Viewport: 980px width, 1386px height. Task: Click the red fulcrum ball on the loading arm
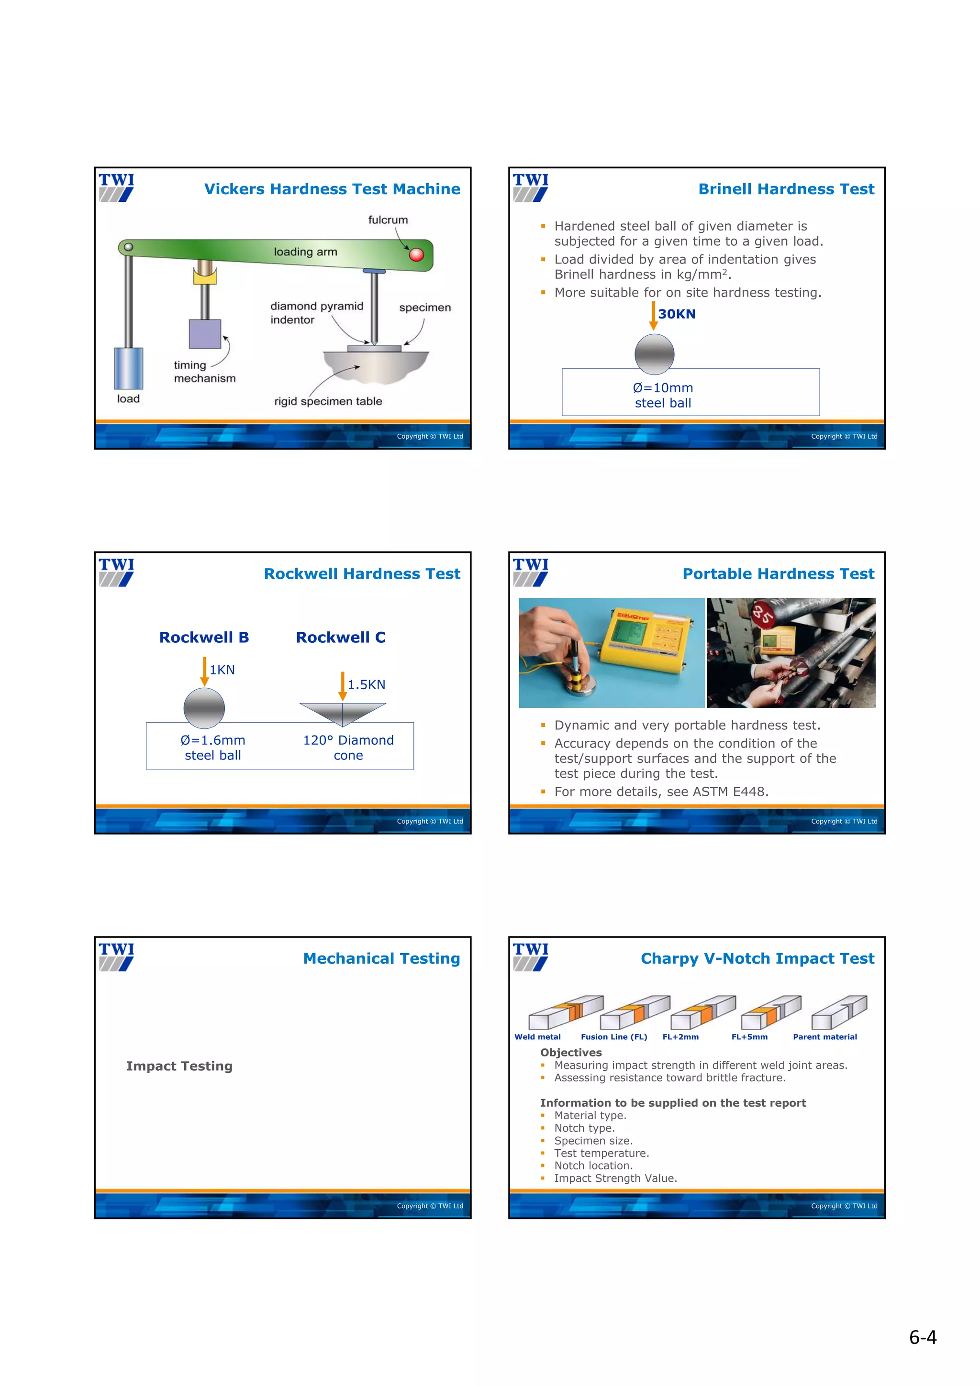pos(416,254)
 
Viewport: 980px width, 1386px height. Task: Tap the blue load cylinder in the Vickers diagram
pos(129,368)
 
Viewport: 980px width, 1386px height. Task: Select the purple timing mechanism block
pos(205,334)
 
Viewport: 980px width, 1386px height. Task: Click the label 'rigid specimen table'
pos(328,401)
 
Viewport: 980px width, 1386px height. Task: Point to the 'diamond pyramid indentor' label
pos(316,313)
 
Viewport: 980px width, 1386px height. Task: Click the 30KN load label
pos(676,314)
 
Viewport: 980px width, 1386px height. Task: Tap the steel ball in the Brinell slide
pos(654,354)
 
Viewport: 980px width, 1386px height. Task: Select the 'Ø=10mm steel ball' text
pos(662,396)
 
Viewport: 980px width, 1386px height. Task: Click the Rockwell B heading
pos(204,638)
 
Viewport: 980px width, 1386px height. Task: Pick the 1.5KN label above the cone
pos(366,684)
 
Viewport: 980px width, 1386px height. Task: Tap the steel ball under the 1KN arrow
pos(204,708)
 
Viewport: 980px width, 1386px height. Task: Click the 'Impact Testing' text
pos(179,1066)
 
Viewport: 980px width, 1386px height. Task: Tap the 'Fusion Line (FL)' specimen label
pos(613,1036)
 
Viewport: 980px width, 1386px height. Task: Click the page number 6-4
pos(922,1337)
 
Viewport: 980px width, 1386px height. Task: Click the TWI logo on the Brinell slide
pos(530,187)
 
